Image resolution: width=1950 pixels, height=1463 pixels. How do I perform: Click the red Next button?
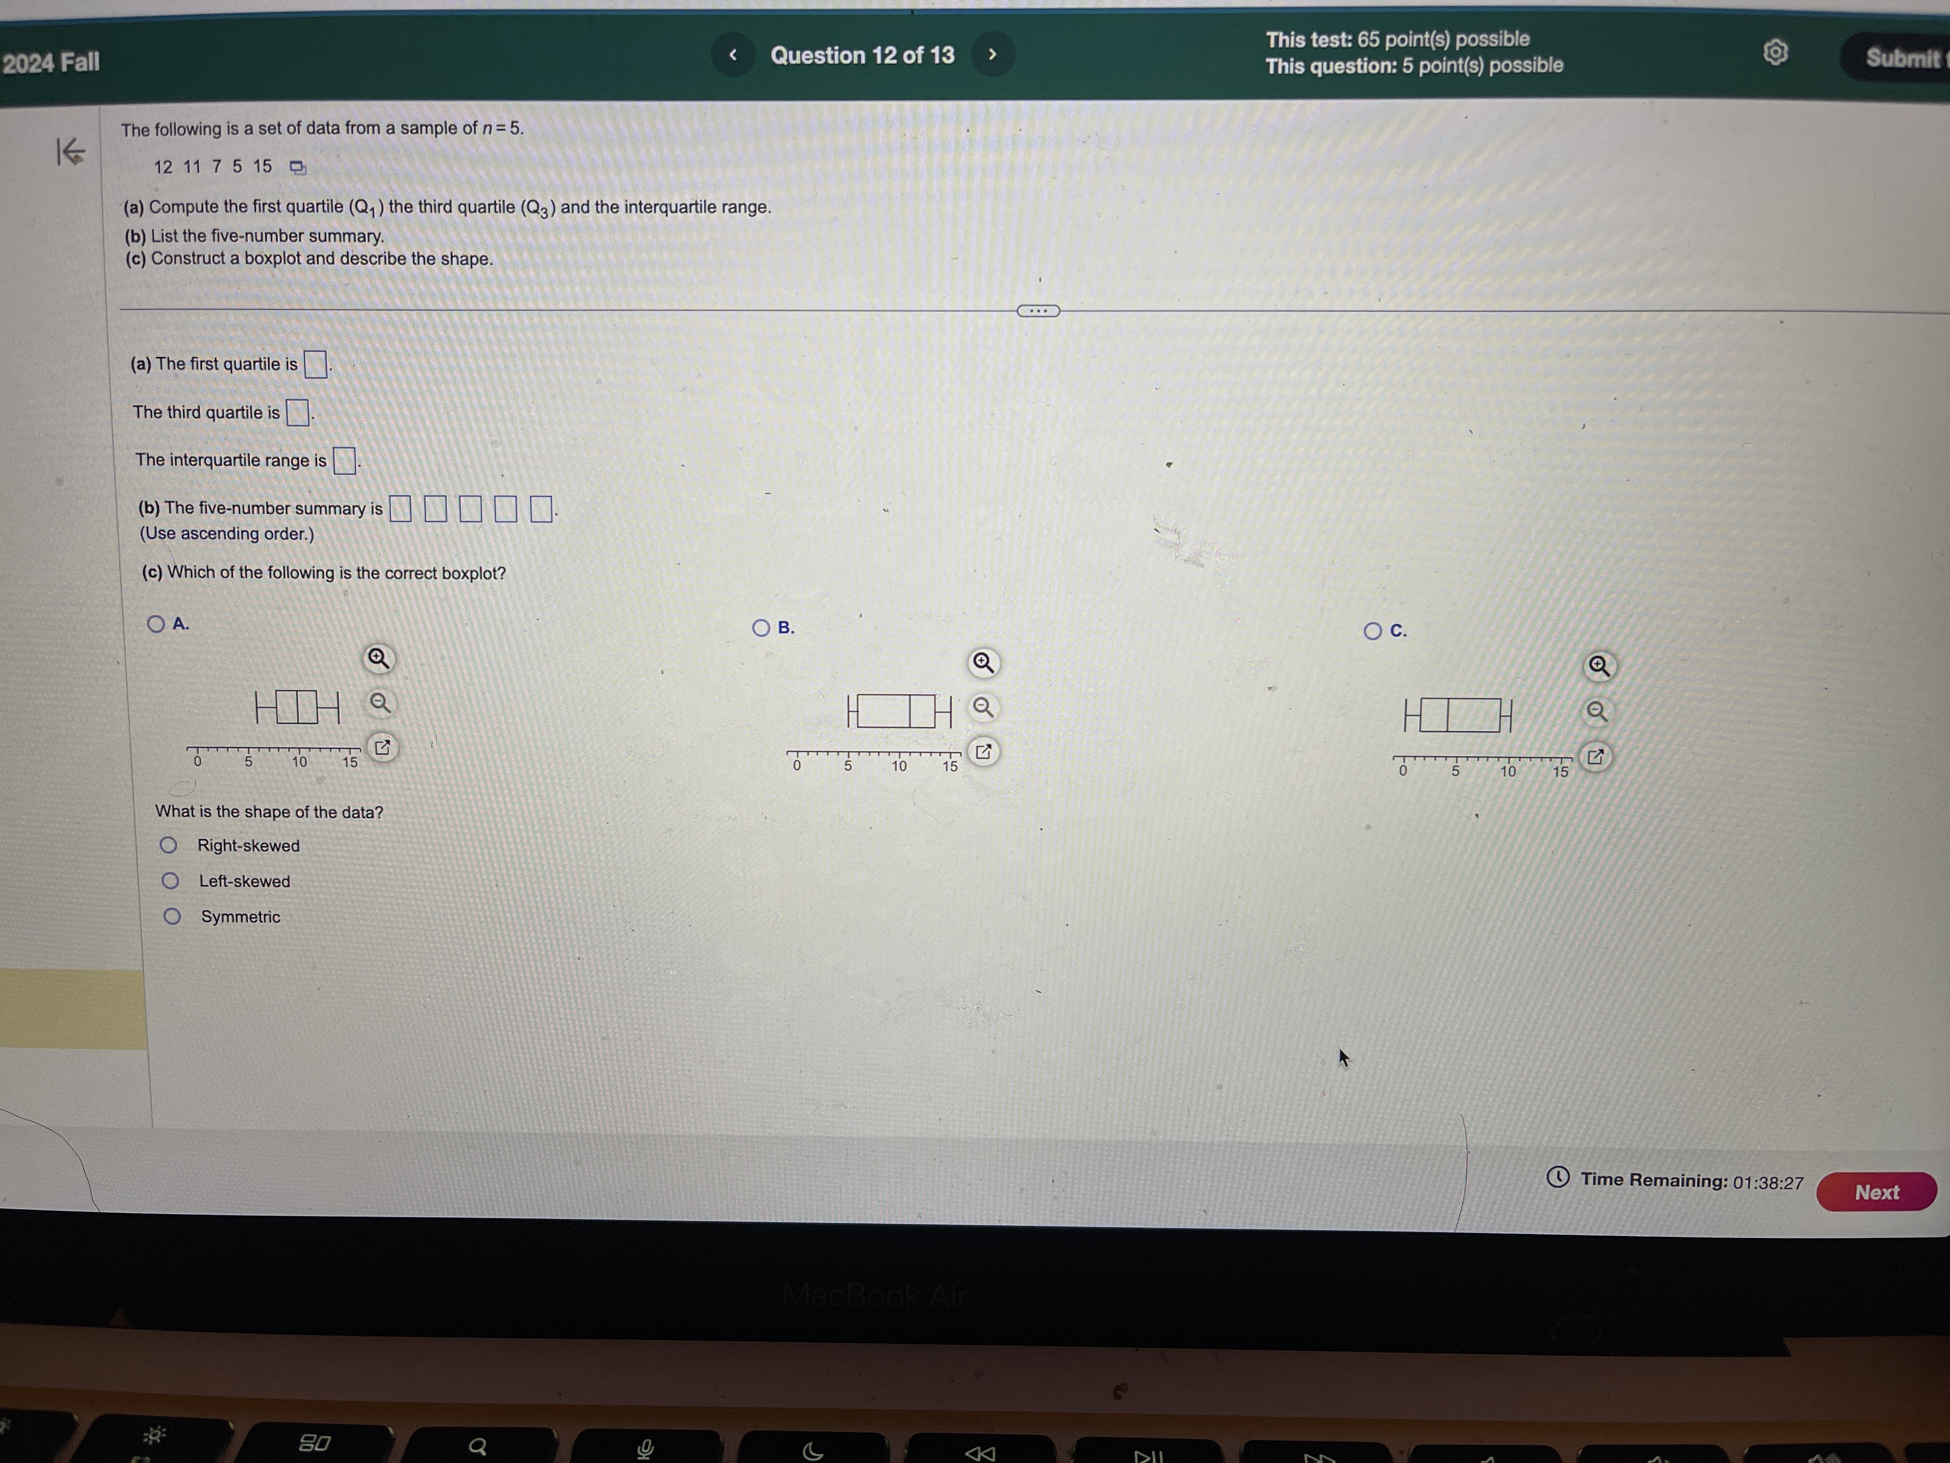[1876, 1192]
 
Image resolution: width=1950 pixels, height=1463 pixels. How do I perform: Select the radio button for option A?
[156, 625]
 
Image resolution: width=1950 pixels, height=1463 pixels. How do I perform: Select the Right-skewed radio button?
[168, 846]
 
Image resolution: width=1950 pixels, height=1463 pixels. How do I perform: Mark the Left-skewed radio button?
[170, 881]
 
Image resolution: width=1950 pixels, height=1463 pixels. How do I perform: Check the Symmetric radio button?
[172, 916]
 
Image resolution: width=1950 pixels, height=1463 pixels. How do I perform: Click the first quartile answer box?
[315, 364]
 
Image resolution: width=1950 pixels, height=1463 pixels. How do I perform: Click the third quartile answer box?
[298, 413]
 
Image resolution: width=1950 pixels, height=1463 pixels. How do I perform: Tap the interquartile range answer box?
[344, 460]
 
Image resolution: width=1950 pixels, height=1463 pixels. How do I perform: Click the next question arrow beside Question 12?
[992, 55]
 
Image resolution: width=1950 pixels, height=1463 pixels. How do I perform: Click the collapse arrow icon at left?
[71, 152]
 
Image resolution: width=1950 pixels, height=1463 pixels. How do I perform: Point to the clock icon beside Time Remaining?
[1558, 1177]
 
